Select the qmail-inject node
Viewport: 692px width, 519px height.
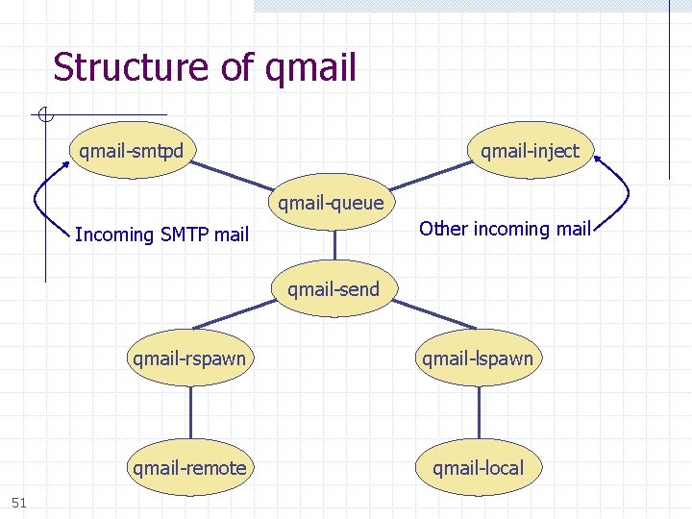(x=530, y=151)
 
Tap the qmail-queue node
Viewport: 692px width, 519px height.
(x=331, y=203)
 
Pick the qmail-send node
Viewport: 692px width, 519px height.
(x=333, y=288)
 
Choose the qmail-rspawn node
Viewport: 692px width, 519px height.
(x=189, y=359)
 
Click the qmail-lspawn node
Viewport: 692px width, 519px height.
(x=478, y=359)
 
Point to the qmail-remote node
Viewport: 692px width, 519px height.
(x=189, y=468)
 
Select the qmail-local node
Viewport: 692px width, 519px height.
(x=478, y=468)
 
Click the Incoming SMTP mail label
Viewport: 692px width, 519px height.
(x=161, y=235)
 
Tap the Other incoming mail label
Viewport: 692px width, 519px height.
(x=505, y=229)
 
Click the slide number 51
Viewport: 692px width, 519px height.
(x=19, y=502)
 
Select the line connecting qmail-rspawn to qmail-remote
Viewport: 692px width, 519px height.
(x=189, y=413)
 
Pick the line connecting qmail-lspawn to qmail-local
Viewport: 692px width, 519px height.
(x=479, y=413)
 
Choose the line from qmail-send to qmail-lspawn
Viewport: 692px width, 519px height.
(x=432, y=314)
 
